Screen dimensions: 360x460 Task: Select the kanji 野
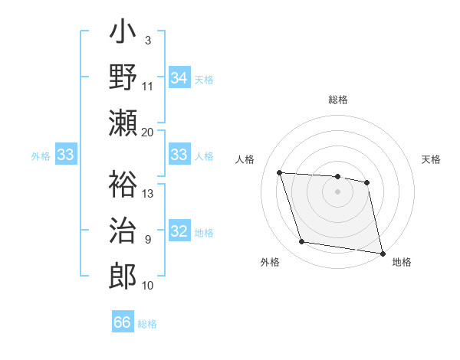pos(123,78)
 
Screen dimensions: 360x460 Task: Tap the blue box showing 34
pos(179,78)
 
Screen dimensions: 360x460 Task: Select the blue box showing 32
pos(179,232)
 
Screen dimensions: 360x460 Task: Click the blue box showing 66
pos(123,322)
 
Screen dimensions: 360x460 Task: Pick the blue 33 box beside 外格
pos(66,155)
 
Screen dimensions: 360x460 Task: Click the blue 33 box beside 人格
pos(179,155)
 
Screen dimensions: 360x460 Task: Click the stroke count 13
pos(148,193)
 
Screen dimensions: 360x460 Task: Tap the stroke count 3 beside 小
pos(147,40)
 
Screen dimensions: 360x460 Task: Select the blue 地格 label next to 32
pos(204,233)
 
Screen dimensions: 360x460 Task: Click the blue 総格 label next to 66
pos(147,323)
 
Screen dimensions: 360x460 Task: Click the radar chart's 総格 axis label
pos(338,100)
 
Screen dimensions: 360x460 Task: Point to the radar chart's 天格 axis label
pos(432,159)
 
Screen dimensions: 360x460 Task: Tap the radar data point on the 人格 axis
pos(280,173)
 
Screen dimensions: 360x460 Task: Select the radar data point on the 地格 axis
pos(381,252)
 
